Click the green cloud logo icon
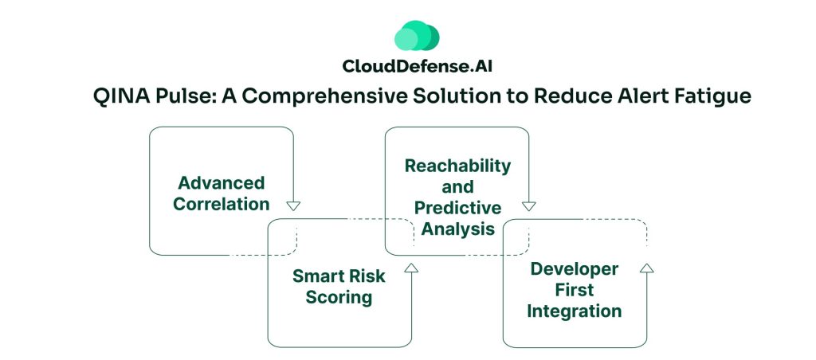coord(417,36)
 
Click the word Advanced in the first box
coord(221,183)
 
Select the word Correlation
coord(221,204)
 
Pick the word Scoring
coord(339,297)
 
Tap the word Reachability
coord(457,166)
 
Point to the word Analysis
coord(457,229)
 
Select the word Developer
coord(574,268)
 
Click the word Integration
coord(574,311)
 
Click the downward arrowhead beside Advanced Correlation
coord(293,205)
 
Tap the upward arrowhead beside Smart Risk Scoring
coord(411,268)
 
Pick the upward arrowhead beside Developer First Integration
coord(646,268)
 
